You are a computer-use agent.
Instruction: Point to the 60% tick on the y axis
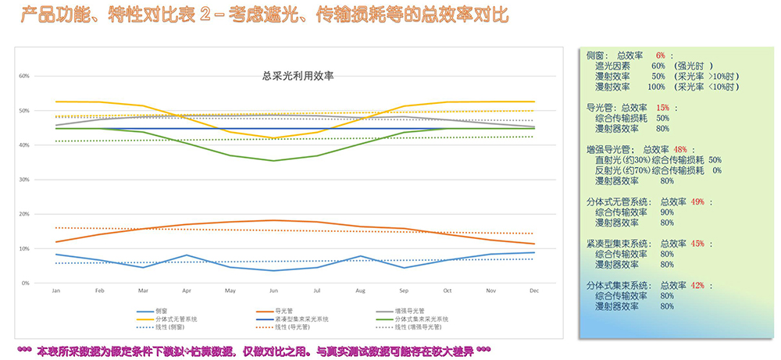click(x=24, y=77)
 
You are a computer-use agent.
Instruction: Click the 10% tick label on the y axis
click(x=24, y=248)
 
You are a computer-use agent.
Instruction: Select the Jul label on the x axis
click(x=316, y=290)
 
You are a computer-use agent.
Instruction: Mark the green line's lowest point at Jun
click(x=273, y=161)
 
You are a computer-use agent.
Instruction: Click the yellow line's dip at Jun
click(x=273, y=138)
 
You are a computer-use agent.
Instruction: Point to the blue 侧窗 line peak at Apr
click(x=186, y=255)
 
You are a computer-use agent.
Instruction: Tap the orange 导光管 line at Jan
click(x=56, y=242)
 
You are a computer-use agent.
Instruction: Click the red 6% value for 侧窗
click(x=660, y=55)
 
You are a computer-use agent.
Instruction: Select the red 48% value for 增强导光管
click(x=679, y=149)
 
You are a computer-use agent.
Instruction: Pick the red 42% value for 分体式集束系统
click(x=697, y=286)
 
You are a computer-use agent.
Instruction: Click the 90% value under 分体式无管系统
click(x=666, y=212)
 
